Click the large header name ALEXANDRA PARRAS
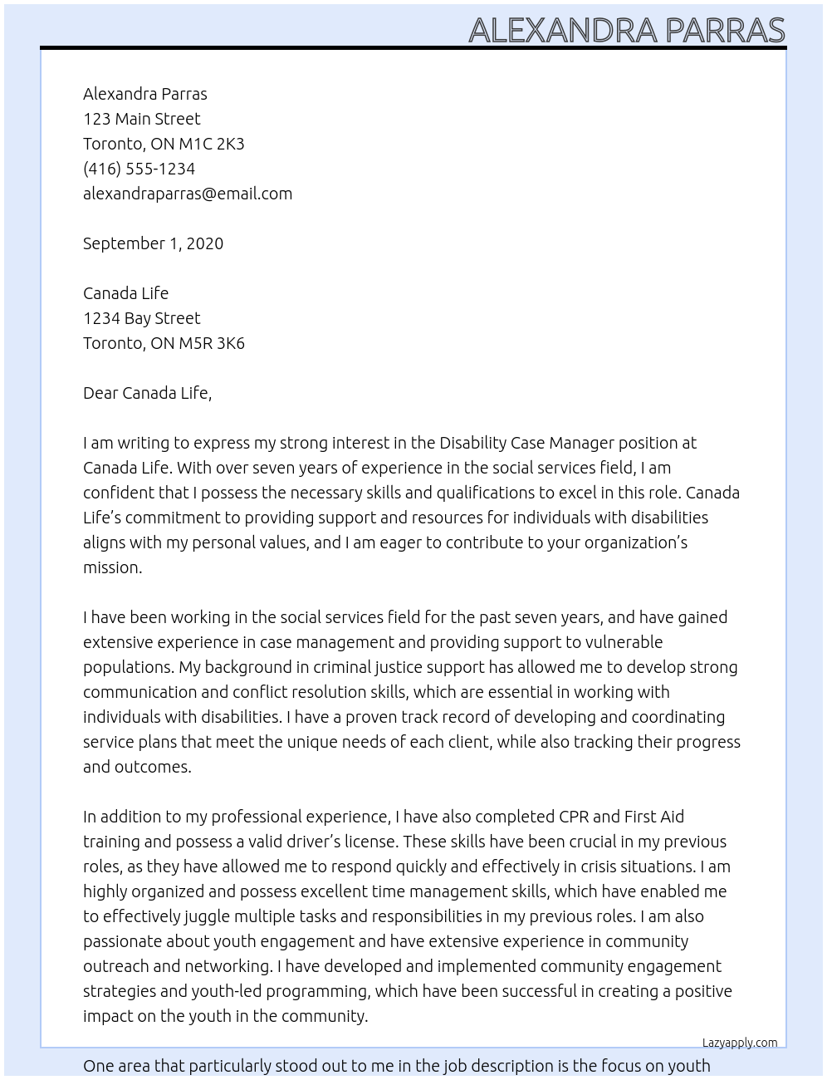pyautogui.click(x=626, y=30)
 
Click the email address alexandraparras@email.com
pyautogui.click(x=188, y=194)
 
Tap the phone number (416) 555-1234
pyautogui.click(x=139, y=169)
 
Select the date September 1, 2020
pyautogui.click(x=153, y=243)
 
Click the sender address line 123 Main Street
pyautogui.click(x=141, y=119)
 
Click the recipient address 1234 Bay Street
pyautogui.click(x=141, y=318)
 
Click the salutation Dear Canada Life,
pyautogui.click(x=147, y=393)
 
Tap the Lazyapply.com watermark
pyautogui.click(x=739, y=1043)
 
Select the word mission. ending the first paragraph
pyautogui.click(x=112, y=567)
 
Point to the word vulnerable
pyautogui.click(x=624, y=642)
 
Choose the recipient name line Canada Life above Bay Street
pyautogui.click(x=125, y=293)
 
